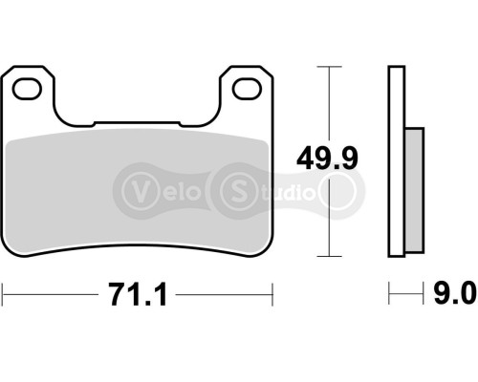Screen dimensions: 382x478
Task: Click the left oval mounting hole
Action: pyautogui.click(x=31, y=88)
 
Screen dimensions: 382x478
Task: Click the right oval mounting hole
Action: pyautogui.click(x=248, y=88)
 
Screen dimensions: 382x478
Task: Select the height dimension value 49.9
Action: pyautogui.click(x=328, y=158)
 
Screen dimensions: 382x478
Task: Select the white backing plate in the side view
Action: pyautogui.click(x=395, y=162)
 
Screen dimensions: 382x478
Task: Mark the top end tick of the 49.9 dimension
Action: pyautogui.click(x=328, y=67)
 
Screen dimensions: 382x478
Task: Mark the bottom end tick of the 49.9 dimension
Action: pyautogui.click(x=328, y=256)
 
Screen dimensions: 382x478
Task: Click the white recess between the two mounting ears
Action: pyautogui.click(x=139, y=105)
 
